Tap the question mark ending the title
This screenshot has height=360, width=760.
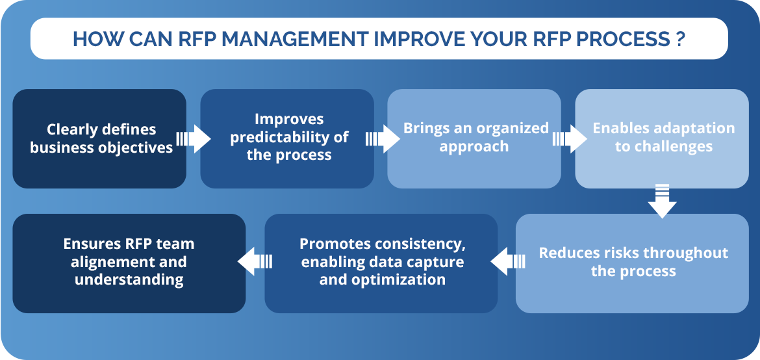679,39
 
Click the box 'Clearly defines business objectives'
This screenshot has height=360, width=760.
99,139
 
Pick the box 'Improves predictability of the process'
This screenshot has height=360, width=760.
287,139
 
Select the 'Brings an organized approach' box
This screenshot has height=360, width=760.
474,139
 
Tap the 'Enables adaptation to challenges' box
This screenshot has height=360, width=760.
662,139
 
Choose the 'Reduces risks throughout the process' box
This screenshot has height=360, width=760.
633,263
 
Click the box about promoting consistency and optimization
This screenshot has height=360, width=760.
381,263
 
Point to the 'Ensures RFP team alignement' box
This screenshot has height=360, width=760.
129,263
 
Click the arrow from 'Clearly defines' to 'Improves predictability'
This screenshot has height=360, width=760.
194,139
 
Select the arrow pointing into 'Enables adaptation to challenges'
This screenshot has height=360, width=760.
570,139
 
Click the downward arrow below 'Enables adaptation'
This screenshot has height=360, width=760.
662,201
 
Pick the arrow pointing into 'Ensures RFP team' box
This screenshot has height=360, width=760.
255,261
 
